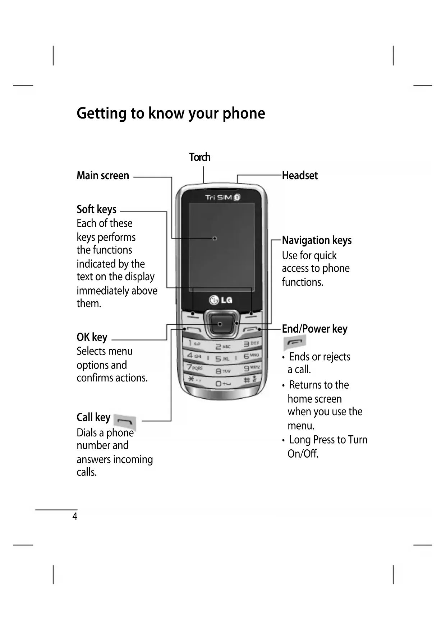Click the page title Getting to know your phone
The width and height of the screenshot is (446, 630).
(171, 113)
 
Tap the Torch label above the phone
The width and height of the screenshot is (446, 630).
(200, 157)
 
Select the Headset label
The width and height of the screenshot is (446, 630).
(300, 176)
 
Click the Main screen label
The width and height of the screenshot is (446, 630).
(103, 176)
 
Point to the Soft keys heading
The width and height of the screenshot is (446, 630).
(96, 209)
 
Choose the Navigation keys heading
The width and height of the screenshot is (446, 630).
(317, 240)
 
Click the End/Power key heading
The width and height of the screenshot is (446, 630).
(314, 329)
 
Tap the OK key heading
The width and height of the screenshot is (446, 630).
(92, 337)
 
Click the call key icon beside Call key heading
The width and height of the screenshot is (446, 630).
(125, 421)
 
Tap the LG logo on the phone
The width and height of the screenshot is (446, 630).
(221, 300)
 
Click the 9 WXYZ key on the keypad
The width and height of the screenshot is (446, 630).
(251, 368)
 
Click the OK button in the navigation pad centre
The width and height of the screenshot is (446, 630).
(220, 324)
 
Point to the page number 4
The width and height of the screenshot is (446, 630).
(75, 516)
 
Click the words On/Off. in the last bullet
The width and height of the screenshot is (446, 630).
(303, 454)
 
